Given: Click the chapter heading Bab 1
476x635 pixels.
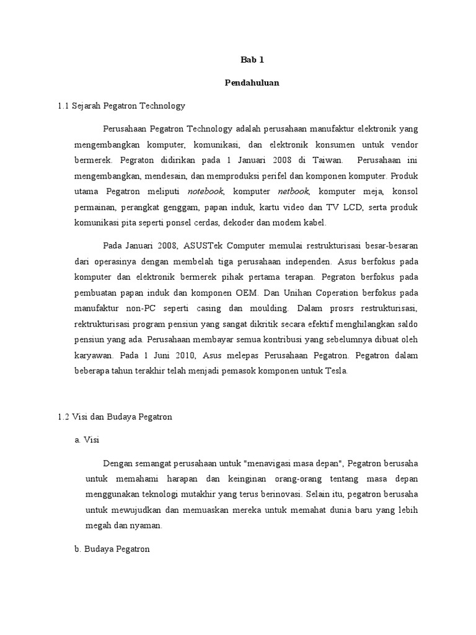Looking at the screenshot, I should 252,60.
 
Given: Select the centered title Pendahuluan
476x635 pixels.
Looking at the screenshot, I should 252,83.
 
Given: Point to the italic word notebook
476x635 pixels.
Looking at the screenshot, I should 205,192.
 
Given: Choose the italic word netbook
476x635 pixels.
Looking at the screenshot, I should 293,192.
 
